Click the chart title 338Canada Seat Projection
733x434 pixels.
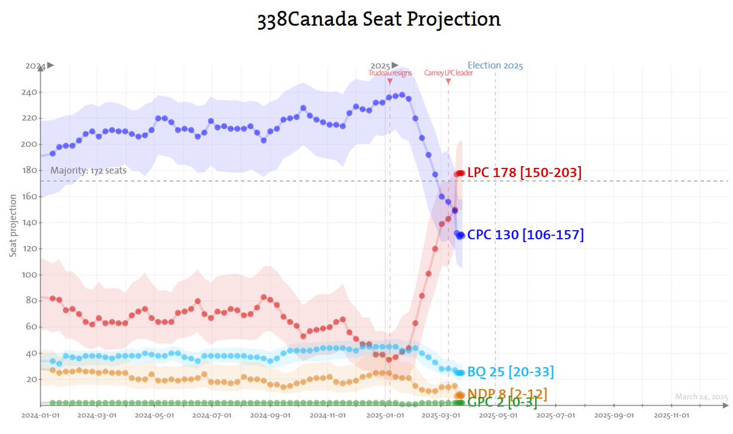[379, 19]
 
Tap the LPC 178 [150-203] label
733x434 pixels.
[524, 173]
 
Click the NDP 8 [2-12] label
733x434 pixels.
[507, 394]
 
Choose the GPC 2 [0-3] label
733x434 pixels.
[502, 403]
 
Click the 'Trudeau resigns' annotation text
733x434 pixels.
[390, 73]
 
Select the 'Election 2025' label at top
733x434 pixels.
[495, 65]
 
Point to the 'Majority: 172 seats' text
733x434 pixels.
[89, 170]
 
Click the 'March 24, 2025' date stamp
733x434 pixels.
[701, 397]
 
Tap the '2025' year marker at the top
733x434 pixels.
[380, 65]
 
